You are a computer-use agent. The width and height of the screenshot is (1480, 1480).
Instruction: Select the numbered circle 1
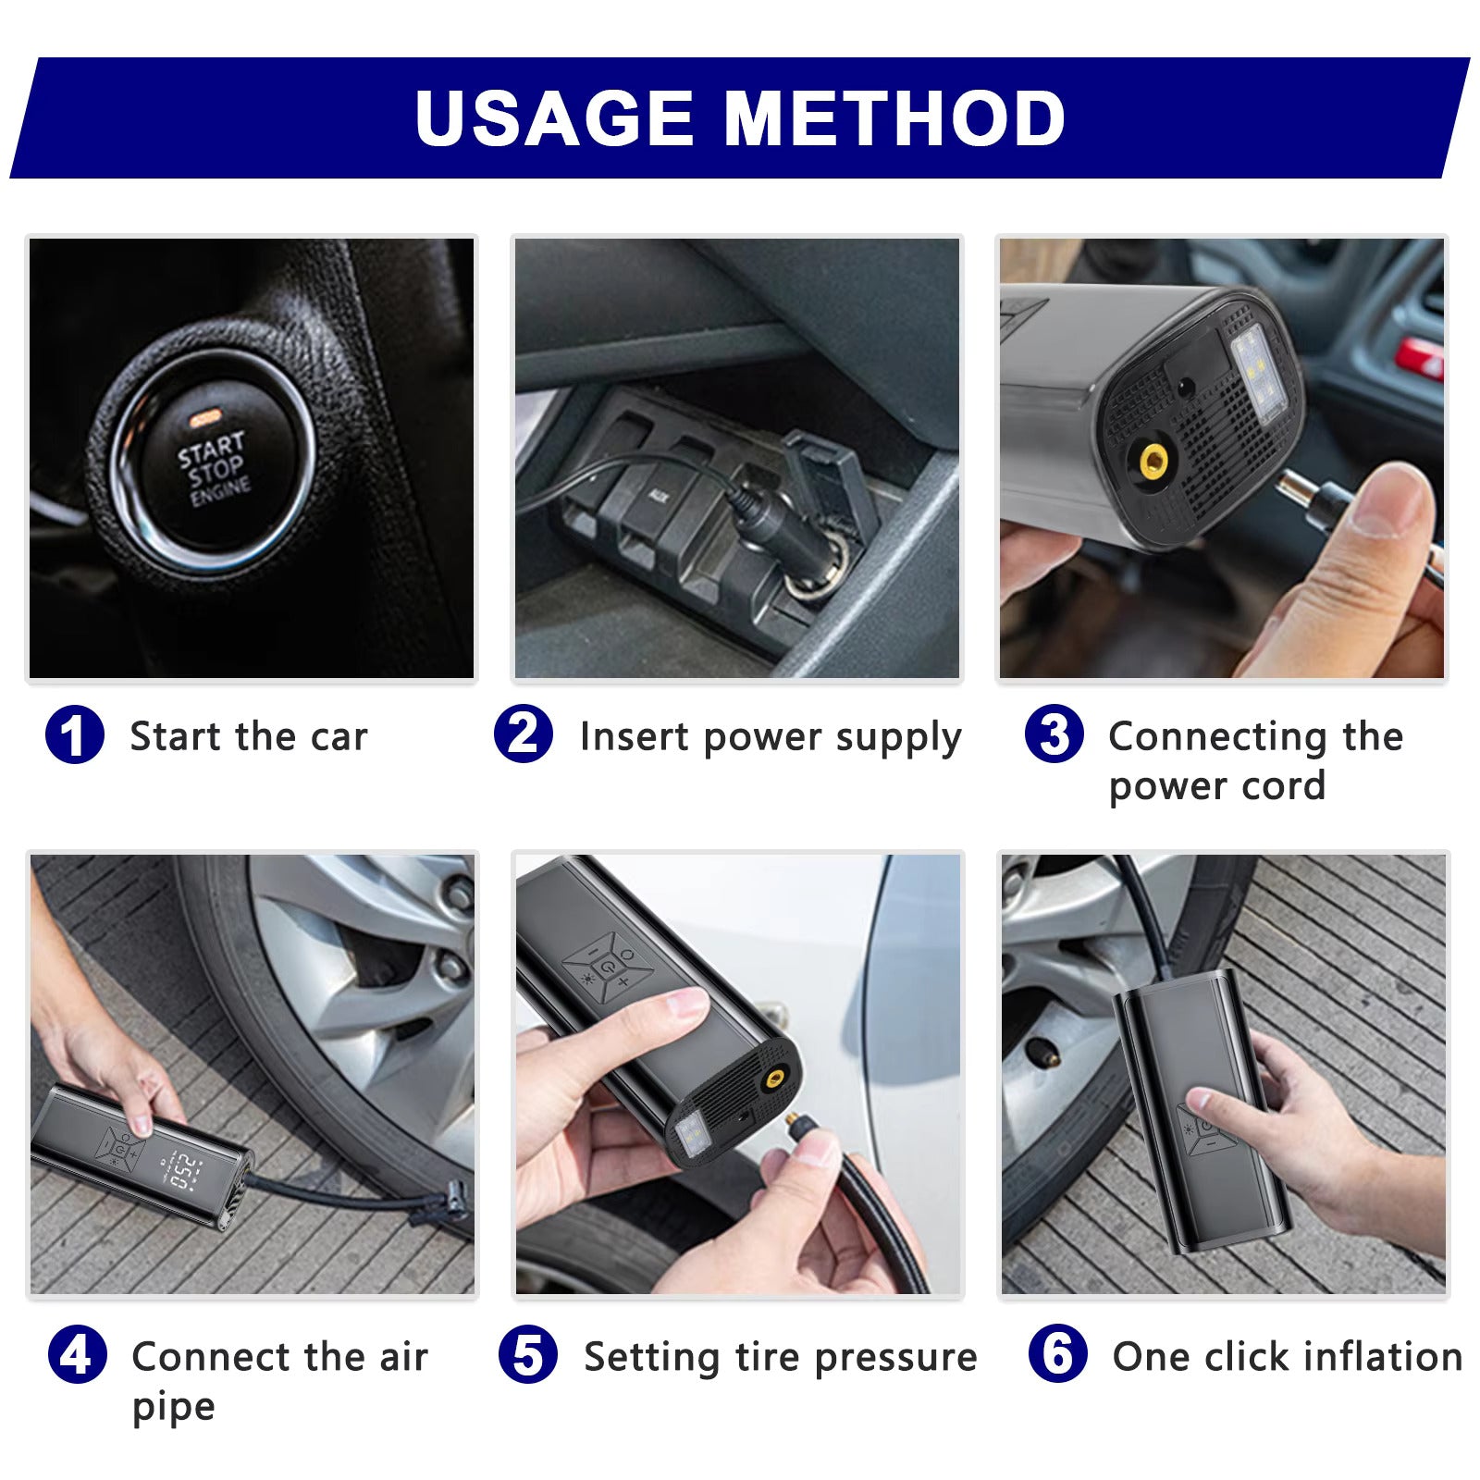[74, 735]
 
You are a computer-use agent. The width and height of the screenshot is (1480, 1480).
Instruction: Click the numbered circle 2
[524, 734]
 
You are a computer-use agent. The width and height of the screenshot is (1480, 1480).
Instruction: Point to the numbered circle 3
[1054, 734]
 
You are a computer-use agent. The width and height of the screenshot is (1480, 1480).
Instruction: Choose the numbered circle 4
[78, 1355]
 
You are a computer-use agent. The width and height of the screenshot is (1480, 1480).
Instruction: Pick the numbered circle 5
[528, 1355]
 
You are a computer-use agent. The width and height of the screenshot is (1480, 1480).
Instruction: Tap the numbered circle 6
[1058, 1355]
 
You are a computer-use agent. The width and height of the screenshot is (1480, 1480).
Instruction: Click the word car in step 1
[339, 737]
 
